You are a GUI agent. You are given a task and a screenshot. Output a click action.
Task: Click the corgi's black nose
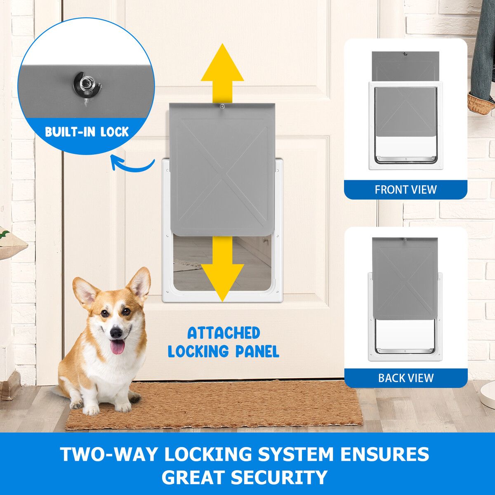tap(116, 333)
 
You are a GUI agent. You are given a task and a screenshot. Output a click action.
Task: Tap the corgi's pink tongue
tap(118, 347)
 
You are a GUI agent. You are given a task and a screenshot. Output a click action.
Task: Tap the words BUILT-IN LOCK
tap(87, 132)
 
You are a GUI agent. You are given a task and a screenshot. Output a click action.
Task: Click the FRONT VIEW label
tap(405, 190)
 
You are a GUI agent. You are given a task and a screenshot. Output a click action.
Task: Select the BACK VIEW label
tap(406, 378)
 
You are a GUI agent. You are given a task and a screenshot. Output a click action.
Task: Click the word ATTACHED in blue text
tap(224, 333)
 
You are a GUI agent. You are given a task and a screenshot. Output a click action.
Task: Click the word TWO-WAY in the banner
tap(109, 455)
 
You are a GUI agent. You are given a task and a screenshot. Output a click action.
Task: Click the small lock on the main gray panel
tap(222, 106)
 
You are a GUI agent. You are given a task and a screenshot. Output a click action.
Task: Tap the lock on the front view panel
tap(405, 54)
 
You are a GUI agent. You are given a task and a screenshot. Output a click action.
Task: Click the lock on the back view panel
tap(405, 240)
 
